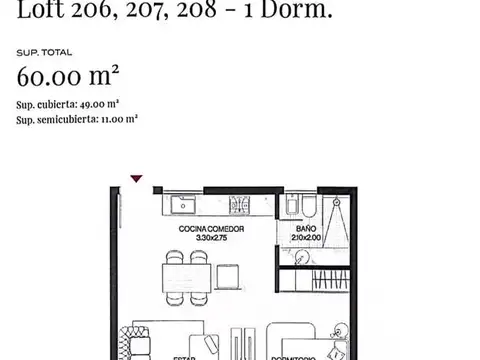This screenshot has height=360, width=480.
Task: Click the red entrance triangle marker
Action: (137, 179)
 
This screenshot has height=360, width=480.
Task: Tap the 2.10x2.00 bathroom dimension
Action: (306, 239)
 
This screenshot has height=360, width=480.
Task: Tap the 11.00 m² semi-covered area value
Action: (119, 118)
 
